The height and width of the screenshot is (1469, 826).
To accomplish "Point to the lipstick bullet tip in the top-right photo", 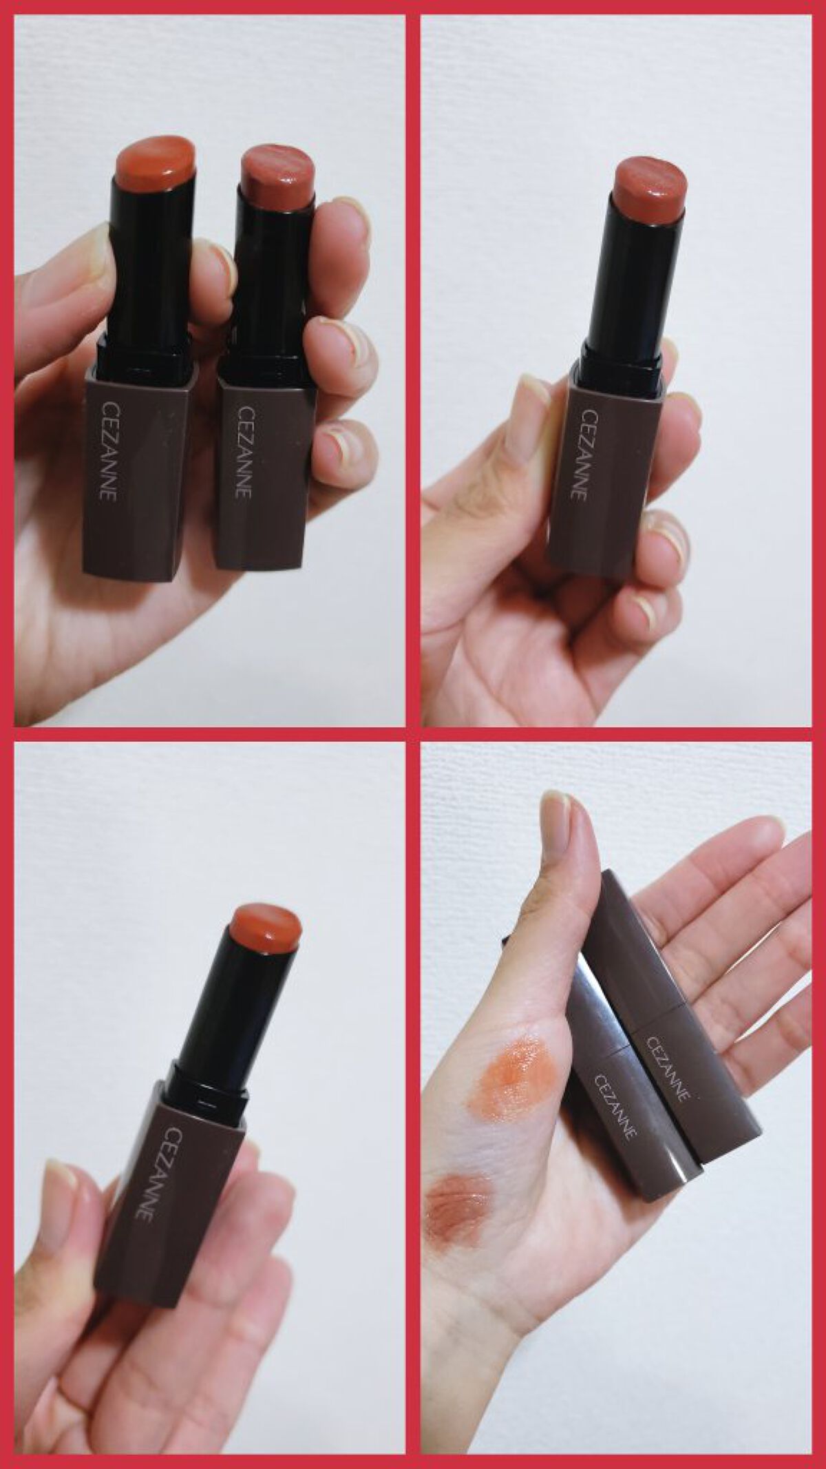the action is coord(651,183).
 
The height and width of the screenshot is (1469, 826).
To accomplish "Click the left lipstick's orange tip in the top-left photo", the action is coord(156,165).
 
